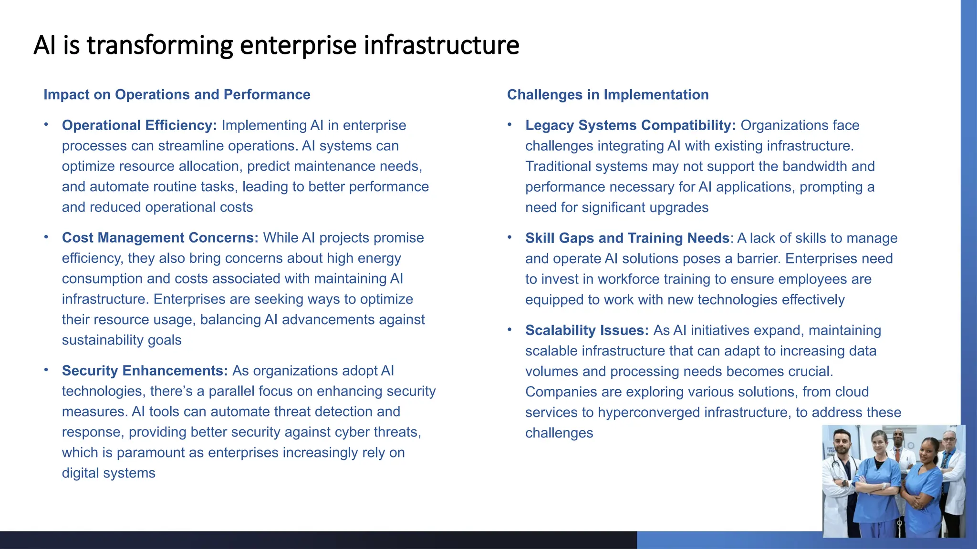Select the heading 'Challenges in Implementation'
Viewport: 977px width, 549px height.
coord(607,94)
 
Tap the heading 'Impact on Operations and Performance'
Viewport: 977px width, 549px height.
coord(177,94)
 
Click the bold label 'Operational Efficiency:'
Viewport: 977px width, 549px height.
coord(139,125)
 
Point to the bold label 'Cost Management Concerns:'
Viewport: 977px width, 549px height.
coord(160,237)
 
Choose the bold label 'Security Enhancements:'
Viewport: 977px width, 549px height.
coord(145,370)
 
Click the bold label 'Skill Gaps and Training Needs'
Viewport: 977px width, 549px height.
coord(627,238)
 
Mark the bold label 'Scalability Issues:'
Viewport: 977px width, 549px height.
coord(587,330)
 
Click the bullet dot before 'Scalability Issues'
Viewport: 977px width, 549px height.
coord(509,329)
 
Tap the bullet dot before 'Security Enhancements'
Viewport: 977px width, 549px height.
coord(46,369)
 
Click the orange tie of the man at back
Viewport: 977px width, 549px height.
coord(898,454)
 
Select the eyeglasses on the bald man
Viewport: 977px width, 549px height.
coord(949,438)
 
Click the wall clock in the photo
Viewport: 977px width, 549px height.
coord(911,446)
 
